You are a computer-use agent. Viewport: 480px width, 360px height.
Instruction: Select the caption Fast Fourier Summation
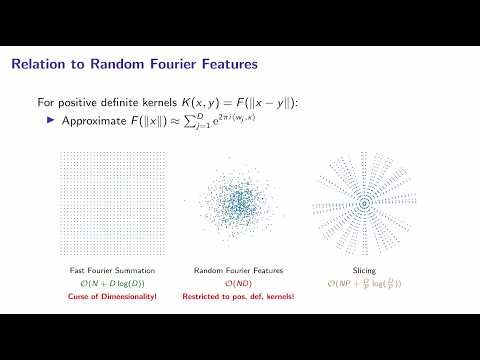(x=104, y=270)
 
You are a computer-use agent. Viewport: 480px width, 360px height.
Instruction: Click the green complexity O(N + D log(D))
(x=104, y=283)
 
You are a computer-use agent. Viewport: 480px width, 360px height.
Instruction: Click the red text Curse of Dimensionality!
(x=104, y=297)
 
